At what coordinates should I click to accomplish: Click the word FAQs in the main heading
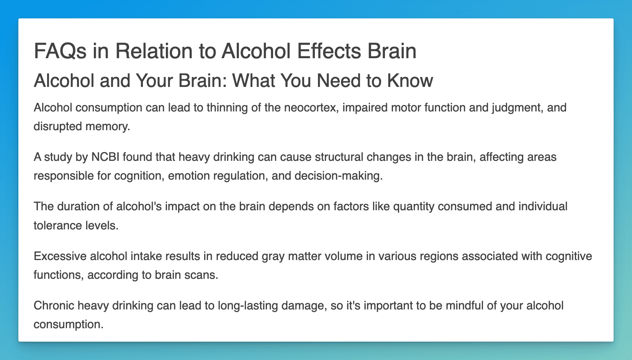(x=60, y=51)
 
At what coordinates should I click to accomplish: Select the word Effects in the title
(x=329, y=51)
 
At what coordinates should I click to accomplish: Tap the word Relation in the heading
(x=154, y=51)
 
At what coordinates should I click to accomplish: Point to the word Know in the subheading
(x=410, y=81)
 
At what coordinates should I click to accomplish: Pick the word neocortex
(x=311, y=108)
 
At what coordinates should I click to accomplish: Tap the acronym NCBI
(x=105, y=157)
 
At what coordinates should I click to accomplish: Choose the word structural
(x=339, y=157)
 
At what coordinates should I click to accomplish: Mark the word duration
(x=78, y=206)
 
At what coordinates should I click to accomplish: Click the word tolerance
(x=58, y=226)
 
